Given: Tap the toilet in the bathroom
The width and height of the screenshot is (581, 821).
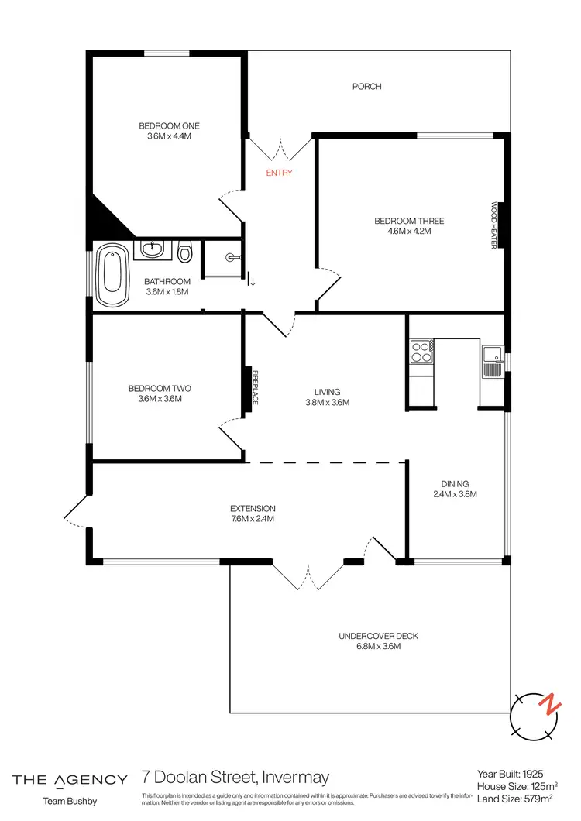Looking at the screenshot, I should coord(184,252).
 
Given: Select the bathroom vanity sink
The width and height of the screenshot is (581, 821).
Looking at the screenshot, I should coord(153,250).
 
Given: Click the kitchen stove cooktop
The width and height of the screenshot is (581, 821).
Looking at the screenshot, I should coord(421,353).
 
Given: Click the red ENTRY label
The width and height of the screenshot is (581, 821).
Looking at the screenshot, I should coord(279,173).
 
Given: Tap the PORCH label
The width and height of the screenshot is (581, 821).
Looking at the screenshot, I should coord(366,87).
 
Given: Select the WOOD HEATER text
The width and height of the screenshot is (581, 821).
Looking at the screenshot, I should coord(493,225).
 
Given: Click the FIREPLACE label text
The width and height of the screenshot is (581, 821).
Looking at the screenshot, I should coord(254,387).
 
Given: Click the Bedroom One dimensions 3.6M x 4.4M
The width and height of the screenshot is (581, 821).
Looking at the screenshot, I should coord(169,136).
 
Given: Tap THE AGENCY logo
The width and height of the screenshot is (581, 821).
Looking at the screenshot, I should coord(70,779).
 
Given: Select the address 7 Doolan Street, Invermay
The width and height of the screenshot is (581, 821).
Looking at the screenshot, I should coord(236,777).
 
